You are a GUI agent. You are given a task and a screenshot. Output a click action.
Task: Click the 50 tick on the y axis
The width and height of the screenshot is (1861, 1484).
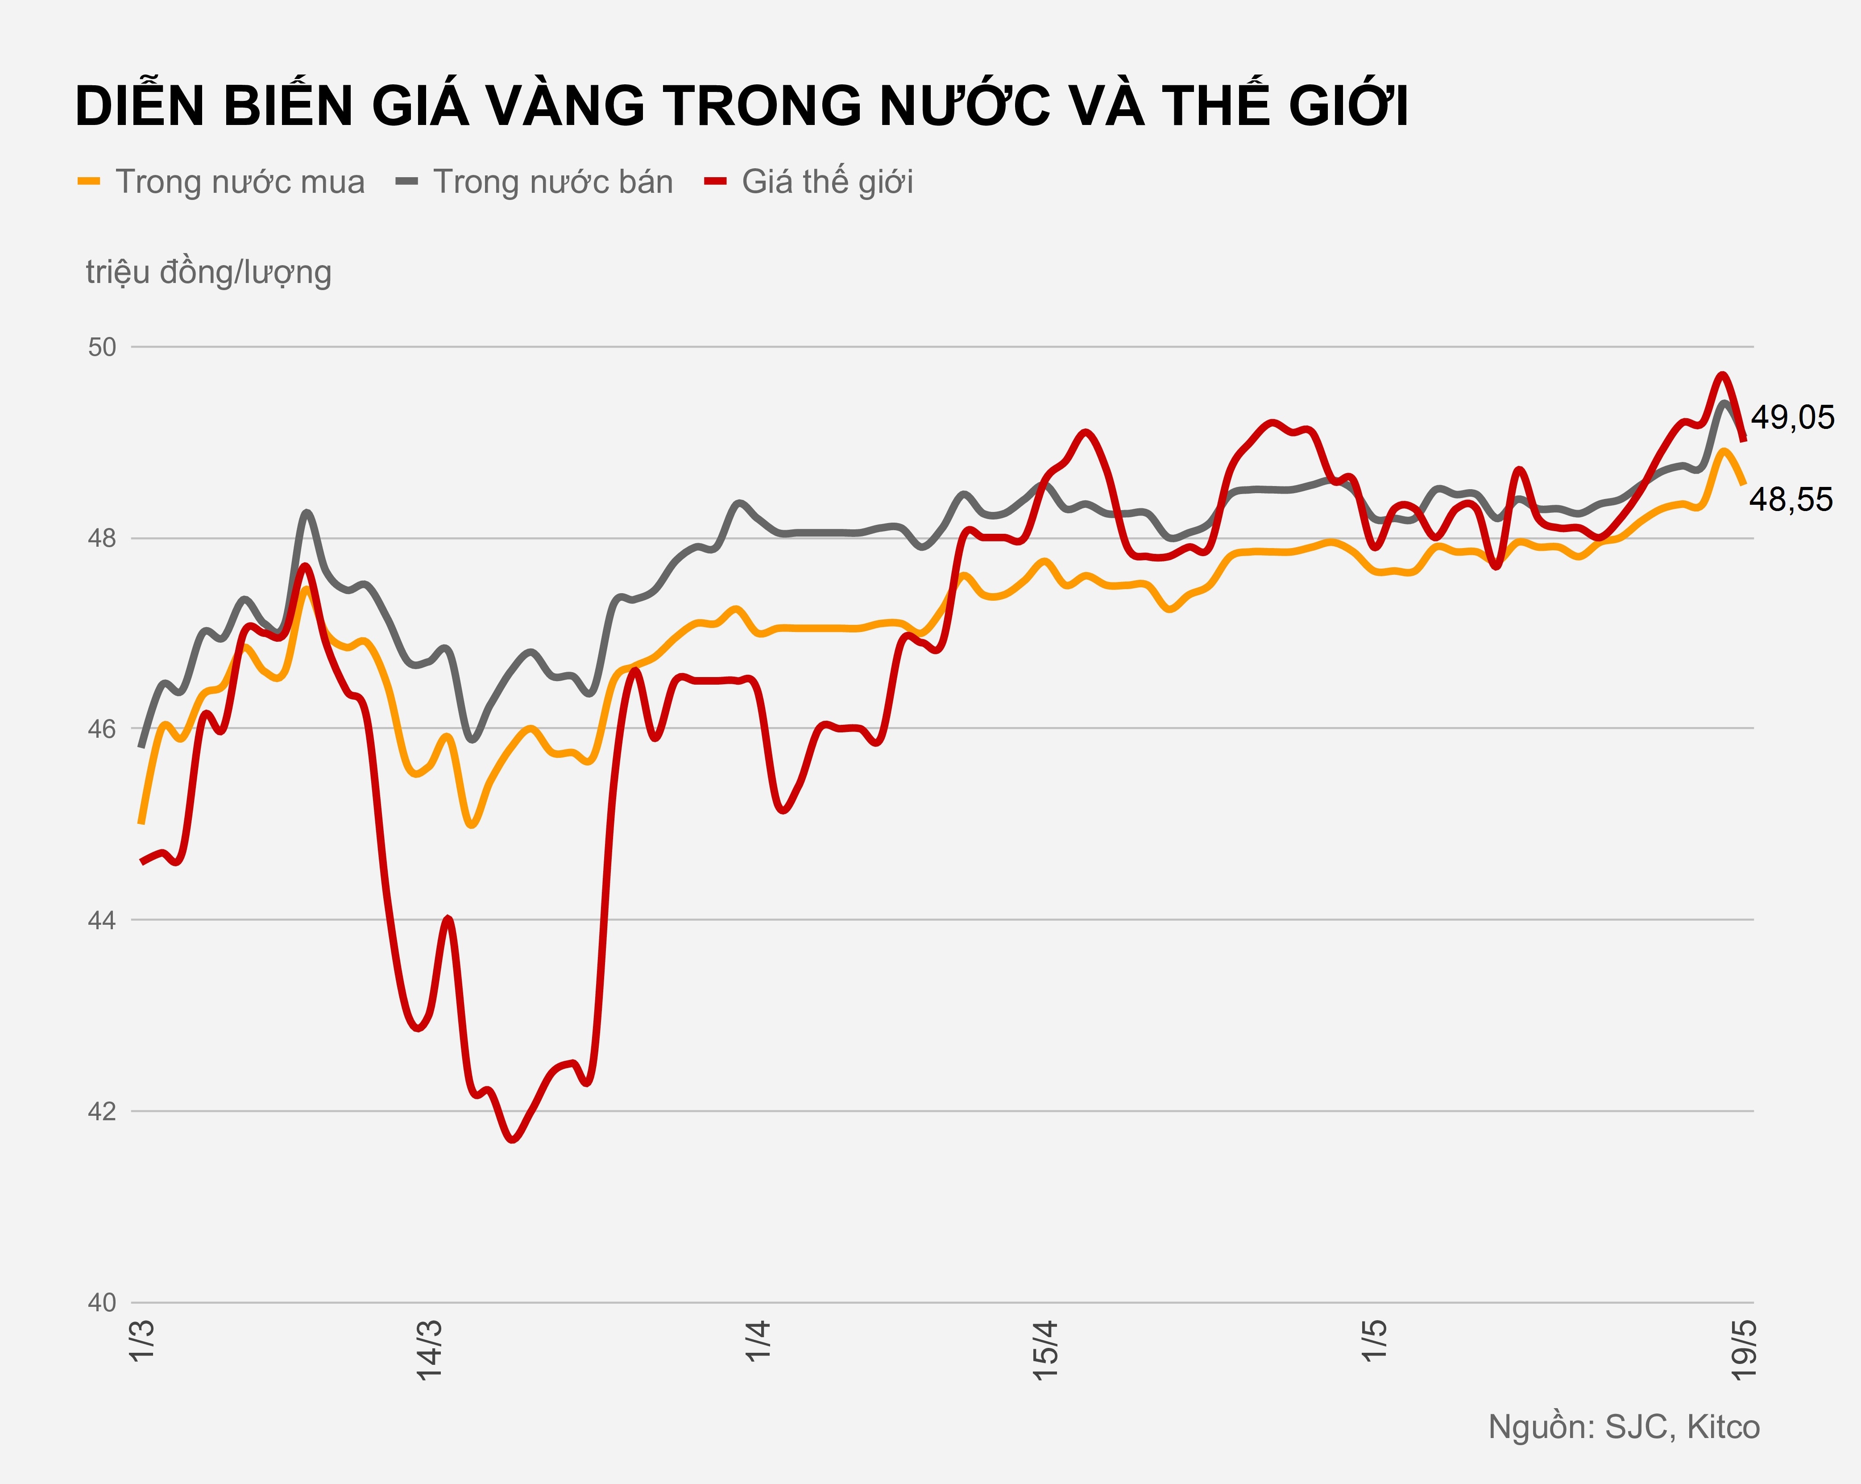point(102,347)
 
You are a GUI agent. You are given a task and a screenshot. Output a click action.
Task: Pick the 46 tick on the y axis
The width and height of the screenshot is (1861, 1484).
point(102,729)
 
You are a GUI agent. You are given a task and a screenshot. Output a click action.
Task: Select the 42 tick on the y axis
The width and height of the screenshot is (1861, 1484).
point(102,1111)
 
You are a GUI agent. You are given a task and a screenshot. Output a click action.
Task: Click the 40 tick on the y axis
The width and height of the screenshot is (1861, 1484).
point(102,1302)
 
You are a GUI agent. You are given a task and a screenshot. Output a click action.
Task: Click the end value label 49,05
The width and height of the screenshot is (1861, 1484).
point(1792,418)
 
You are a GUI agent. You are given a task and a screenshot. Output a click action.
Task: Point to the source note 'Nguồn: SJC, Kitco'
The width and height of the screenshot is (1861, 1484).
point(1624,1427)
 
